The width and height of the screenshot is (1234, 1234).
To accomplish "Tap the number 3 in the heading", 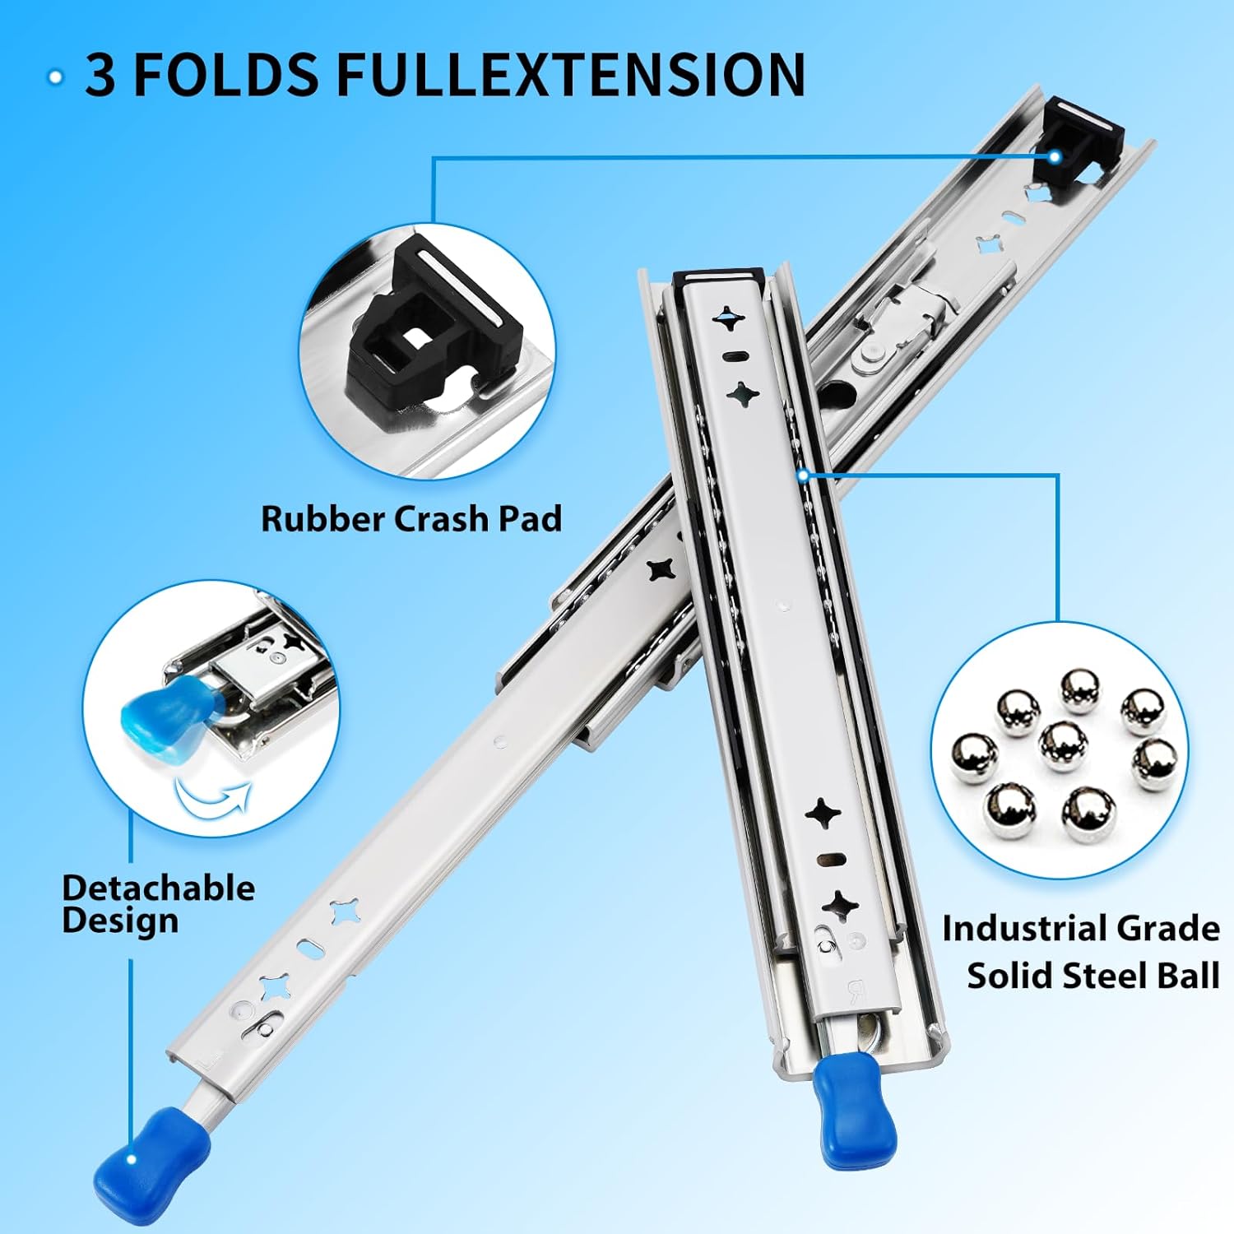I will pyautogui.click(x=100, y=75).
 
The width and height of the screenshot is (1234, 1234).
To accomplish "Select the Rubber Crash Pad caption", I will pyautogui.click(x=411, y=519).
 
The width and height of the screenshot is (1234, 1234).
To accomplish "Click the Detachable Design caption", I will pyautogui.click(x=158, y=903).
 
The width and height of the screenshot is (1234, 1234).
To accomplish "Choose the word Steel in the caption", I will pyautogui.click(x=1106, y=976).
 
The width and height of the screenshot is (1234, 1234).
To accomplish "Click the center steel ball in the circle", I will pyautogui.click(x=1063, y=745).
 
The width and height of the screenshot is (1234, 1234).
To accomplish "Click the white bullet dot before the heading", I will pyautogui.click(x=56, y=77).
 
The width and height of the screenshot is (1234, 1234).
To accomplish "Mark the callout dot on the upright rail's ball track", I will pyautogui.click(x=804, y=475).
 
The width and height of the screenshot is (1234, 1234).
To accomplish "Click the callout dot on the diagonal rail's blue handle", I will pyautogui.click(x=132, y=1160).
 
